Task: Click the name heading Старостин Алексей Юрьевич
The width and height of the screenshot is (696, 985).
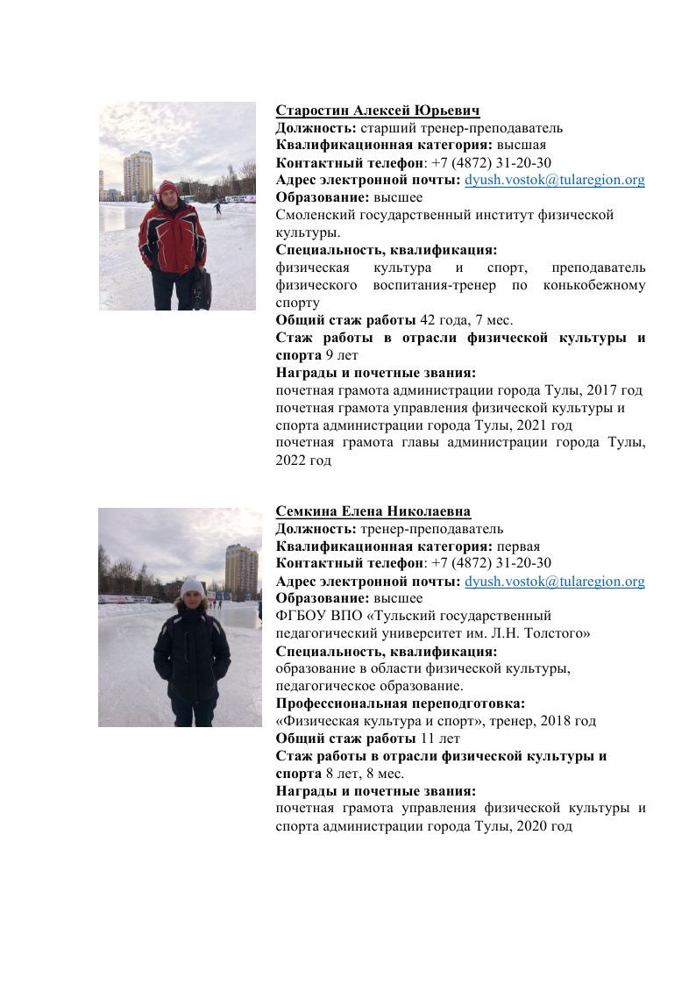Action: coord(378,111)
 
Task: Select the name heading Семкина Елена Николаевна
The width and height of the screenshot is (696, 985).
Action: coord(373,512)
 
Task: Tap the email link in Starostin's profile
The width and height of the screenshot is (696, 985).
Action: coord(554,181)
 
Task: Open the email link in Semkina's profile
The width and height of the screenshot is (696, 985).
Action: coord(554,582)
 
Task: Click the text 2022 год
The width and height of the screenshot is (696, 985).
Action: coord(303,460)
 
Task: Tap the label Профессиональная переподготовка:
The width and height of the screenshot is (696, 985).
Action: coord(401,703)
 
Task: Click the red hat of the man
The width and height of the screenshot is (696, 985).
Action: coord(167,187)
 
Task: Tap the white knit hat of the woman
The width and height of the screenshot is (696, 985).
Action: coord(191,584)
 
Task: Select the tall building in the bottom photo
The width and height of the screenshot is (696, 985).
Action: coord(241,568)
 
